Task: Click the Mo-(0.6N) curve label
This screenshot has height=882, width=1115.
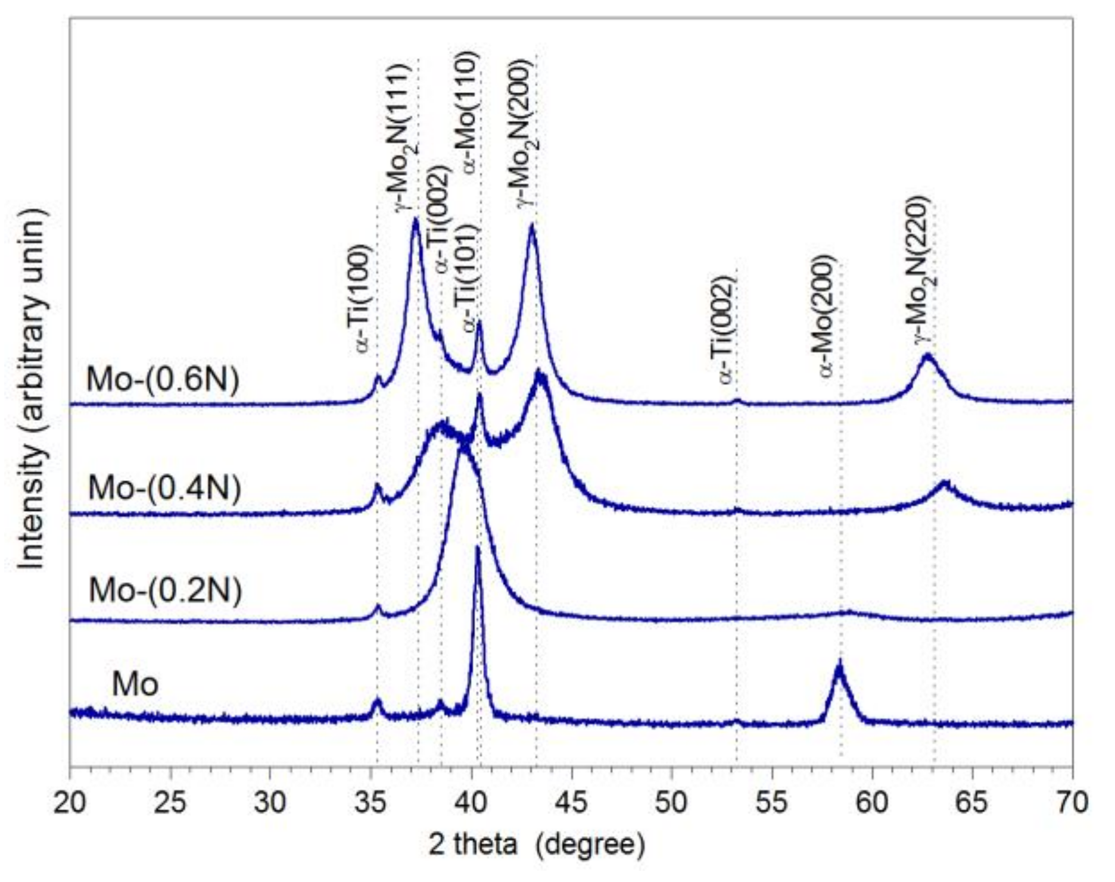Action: (163, 379)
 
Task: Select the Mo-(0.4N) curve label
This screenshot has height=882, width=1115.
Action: (164, 489)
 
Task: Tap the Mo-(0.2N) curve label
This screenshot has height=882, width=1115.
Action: (165, 590)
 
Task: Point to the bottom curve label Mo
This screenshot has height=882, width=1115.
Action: (135, 684)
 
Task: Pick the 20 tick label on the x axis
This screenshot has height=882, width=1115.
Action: (70, 802)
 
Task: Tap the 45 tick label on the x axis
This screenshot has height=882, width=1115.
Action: (572, 802)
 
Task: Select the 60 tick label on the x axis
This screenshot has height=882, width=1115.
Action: (873, 802)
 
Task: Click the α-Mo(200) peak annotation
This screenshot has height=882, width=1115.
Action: (828, 315)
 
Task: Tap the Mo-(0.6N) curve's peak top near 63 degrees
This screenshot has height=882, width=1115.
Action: (926, 356)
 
